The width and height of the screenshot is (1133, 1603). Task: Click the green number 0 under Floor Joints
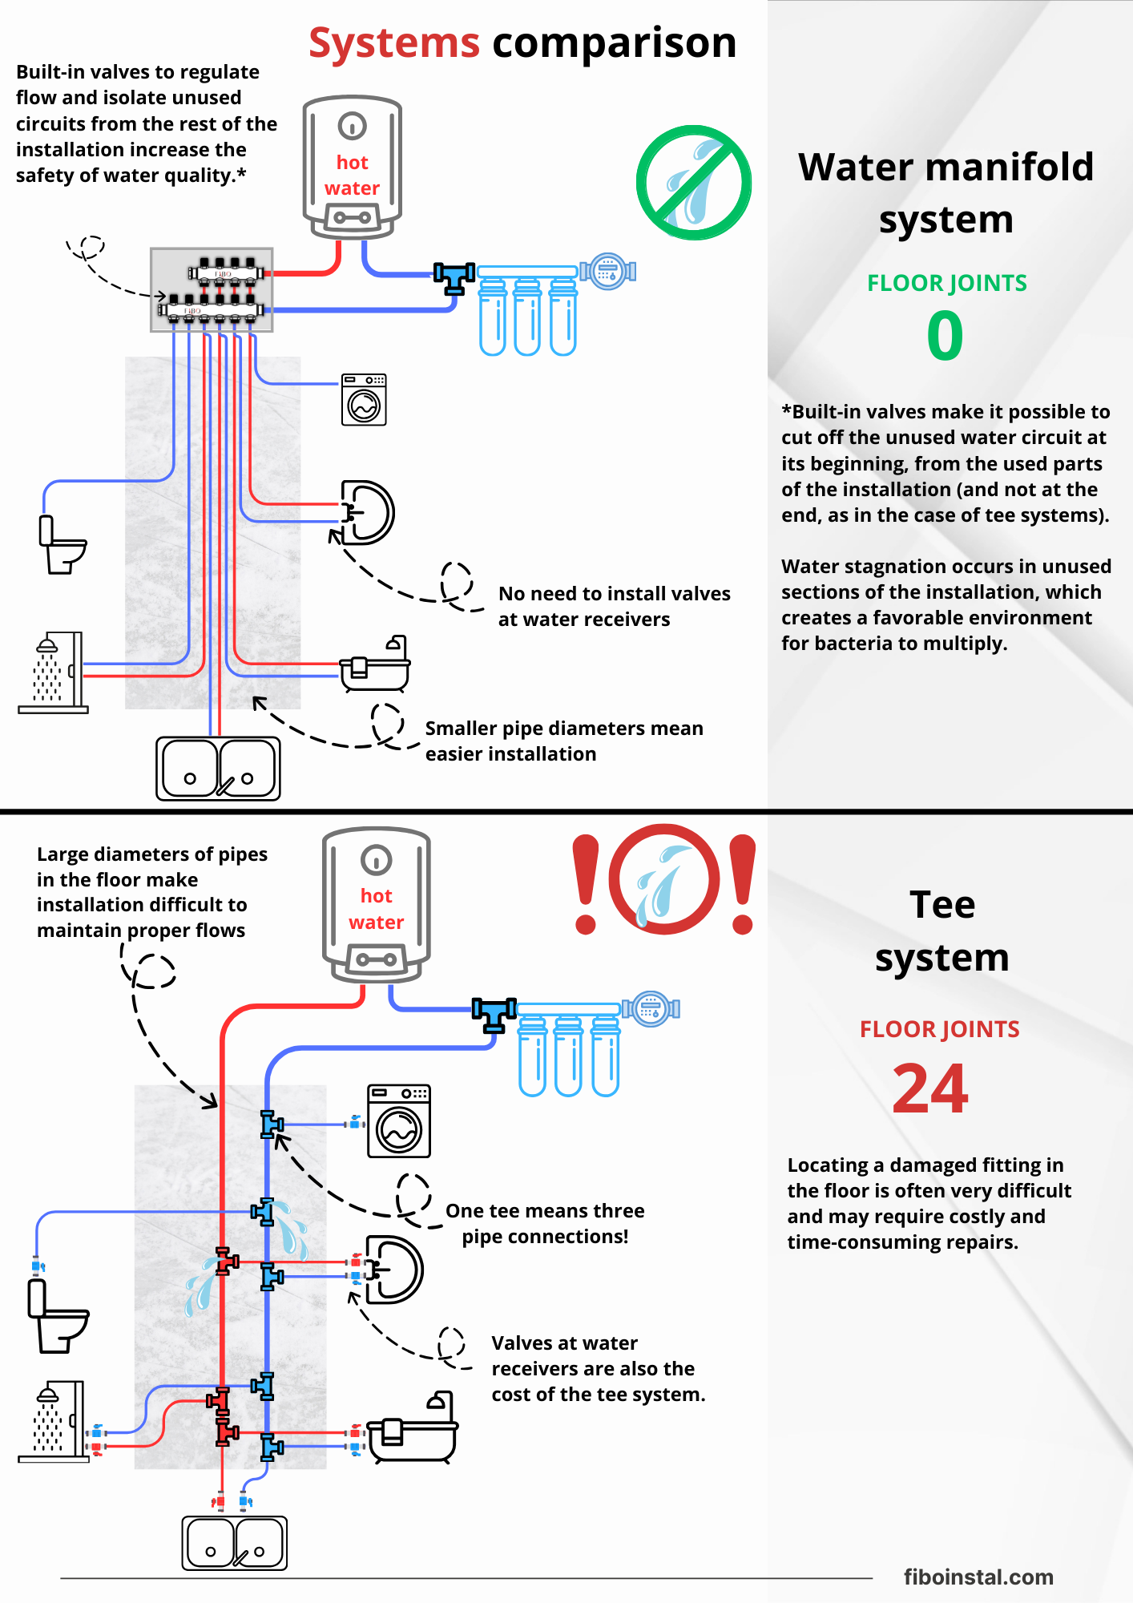pyautogui.click(x=945, y=336)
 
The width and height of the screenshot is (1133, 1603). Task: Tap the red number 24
pyautogui.click(x=930, y=1089)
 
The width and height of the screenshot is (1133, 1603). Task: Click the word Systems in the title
pyautogui.click(x=394, y=42)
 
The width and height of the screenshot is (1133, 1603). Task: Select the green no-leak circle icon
pyautogui.click(x=694, y=183)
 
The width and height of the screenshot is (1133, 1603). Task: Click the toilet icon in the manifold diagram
pyautogui.click(x=61, y=545)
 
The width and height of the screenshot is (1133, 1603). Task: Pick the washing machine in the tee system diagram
pyautogui.click(x=399, y=1121)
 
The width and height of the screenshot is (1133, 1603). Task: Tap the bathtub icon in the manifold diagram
pyautogui.click(x=375, y=664)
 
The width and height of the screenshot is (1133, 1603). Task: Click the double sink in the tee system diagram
pyautogui.click(x=234, y=1543)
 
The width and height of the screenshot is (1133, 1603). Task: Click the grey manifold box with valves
pyautogui.click(x=212, y=290)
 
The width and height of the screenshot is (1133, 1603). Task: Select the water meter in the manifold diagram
pyautogui.click(x=608, y=271)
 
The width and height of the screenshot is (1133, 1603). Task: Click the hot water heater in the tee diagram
pyautogui.click(x=377, y=904)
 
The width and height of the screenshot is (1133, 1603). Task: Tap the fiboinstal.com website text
pyautogui.click(x=978, y=1577)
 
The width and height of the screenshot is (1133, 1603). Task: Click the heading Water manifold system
pyautogui.click(x=946, y=192)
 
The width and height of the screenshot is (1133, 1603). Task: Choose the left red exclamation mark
pyautogui.click(x=586, y=884)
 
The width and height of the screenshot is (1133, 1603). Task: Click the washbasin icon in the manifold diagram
pyautogui.click(x=368, y=512)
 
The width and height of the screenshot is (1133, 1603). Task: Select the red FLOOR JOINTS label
pyautogui.click(x=939, y=1029)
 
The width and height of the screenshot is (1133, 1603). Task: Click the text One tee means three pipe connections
pyautogui.click(x=545, y=1223)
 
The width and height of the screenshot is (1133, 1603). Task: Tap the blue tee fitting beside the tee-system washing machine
pyautogui.click(x=272, y=1125)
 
